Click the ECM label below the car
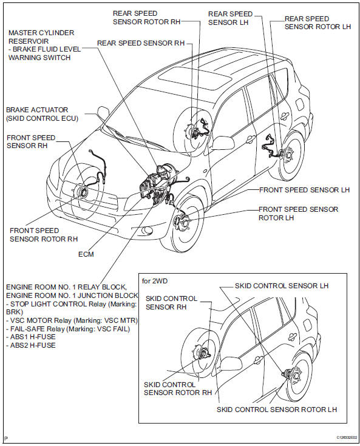pyautogui.click(x=86, y=254)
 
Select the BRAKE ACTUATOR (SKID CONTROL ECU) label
pyautogui.click(x=42, y=113)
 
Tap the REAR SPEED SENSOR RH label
pyautogui.click(x=140, y=44)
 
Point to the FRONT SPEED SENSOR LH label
pyautogui.click(x=304, y=190)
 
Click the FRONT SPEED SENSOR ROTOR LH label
pyautogui.click(x=298, y=214)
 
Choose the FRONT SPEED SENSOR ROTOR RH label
pyautogui.click(x=44, y=234)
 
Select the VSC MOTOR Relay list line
pyautogui.click(x=72, y=320)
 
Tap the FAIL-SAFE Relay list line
pyautogui.click(x=71, y=328)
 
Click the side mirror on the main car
pyautogui.click(x=224, y=143)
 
